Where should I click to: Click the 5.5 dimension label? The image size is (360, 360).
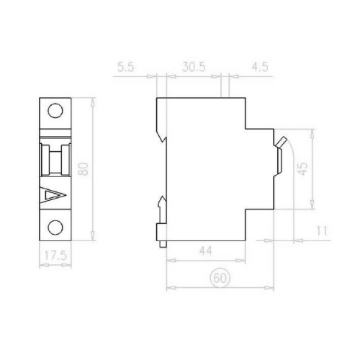point(126,67)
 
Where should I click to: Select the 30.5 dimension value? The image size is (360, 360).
point(194,67)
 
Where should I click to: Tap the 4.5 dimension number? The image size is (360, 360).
point(260,67)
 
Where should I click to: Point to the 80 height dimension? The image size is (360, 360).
point(84,168)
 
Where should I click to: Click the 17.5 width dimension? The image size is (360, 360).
point(55,256)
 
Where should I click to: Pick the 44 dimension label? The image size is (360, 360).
point(206,251)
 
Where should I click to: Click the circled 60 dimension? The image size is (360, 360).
point(220,279)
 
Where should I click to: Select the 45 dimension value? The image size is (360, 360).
point(303,168)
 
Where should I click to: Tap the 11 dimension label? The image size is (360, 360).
point(321,231)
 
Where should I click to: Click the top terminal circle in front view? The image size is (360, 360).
point(55,111)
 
